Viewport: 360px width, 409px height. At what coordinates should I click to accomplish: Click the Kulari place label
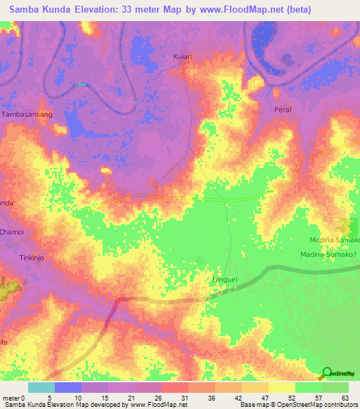click(x=182, y=56)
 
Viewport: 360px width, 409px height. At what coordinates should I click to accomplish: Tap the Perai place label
click(x=282, y=110)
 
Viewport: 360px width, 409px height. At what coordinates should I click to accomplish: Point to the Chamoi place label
click(x=12, y=232)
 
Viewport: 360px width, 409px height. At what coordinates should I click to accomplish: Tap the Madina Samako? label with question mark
click(x=330, y=255)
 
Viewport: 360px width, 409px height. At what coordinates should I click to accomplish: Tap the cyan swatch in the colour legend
click(x=41, y=387)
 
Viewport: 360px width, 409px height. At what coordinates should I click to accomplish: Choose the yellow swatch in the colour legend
click(x=282, y=387)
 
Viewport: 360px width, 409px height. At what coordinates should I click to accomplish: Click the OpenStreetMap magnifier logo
click(x=327, y=373)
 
